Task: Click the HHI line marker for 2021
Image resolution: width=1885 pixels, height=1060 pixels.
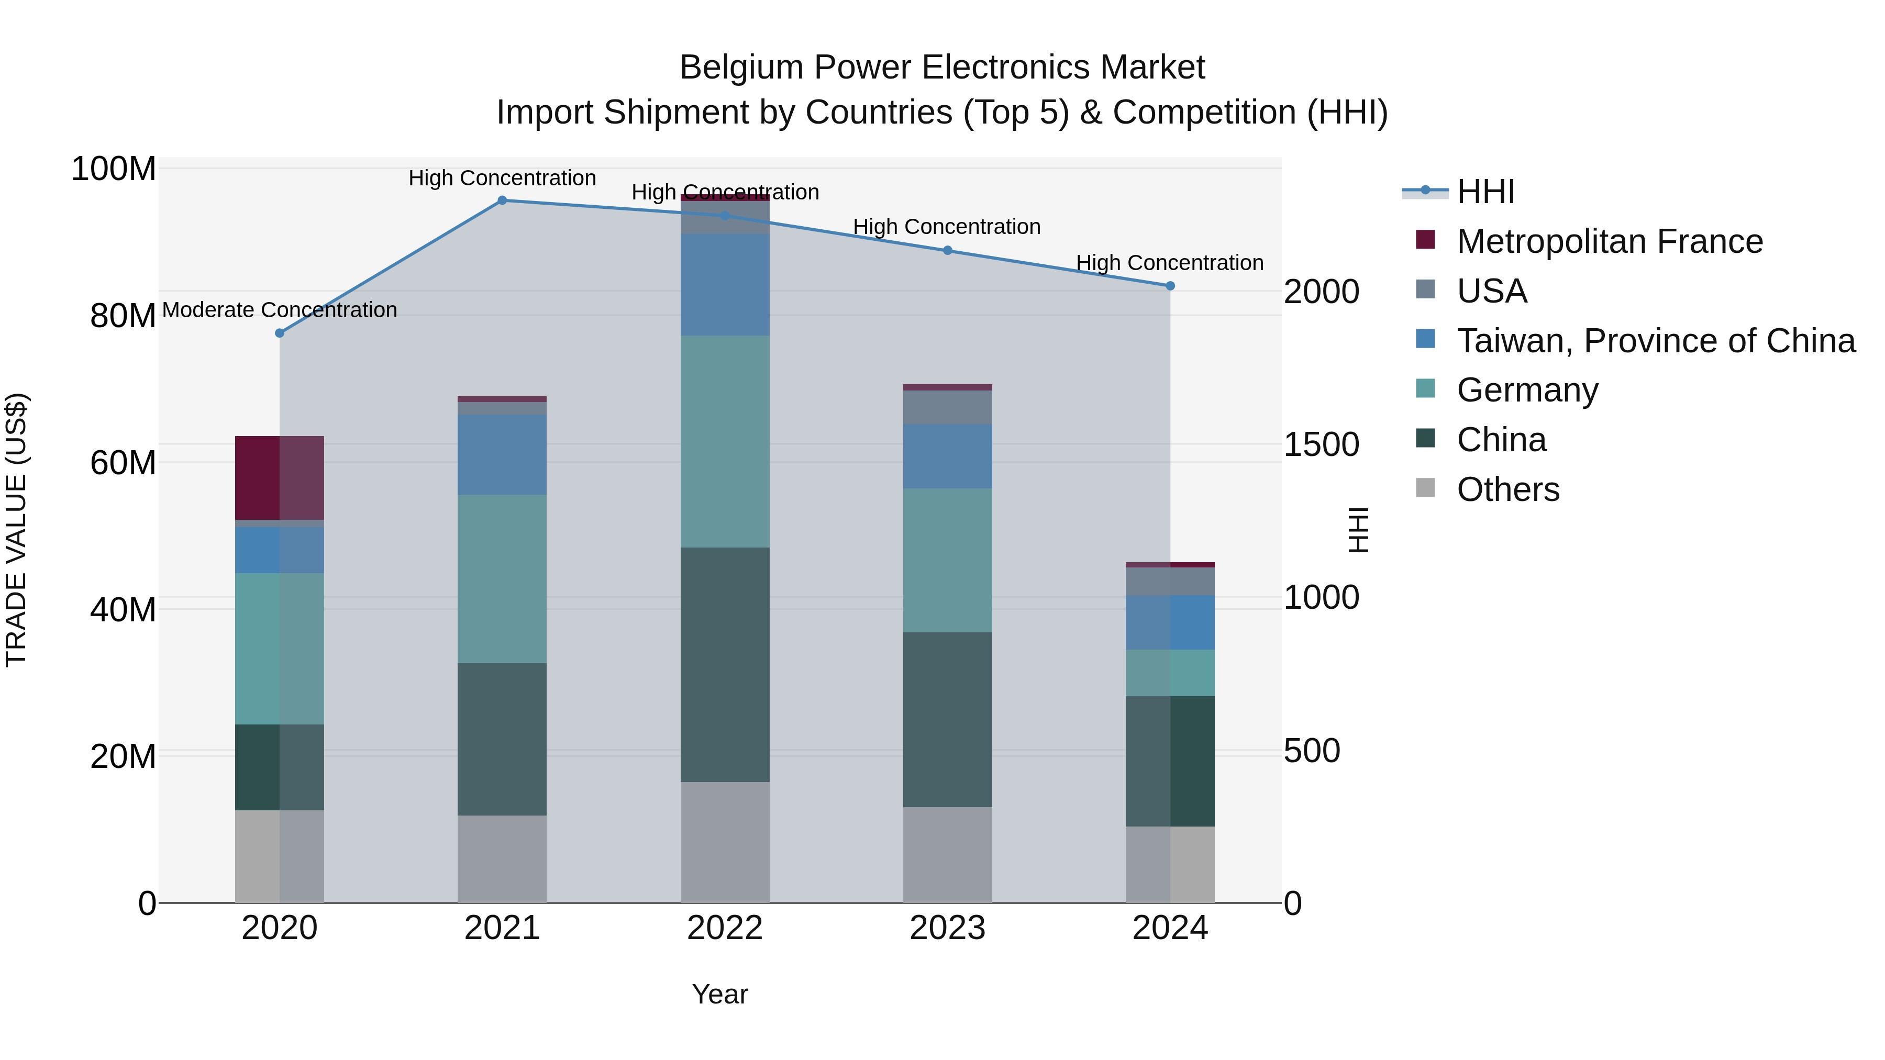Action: pyautogui.click(x=502, y=200)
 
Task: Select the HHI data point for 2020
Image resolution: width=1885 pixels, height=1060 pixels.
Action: pyautogui.click(x=280, y=333)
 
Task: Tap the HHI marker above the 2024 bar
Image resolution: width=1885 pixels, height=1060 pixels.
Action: pyautogui.click(x=1170, y=286)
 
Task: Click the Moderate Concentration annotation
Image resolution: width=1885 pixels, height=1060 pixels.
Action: pyautogui.click(x=280, y=310)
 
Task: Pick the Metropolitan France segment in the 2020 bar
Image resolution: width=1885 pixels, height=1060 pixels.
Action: pyautogui.click(x=280, y=478)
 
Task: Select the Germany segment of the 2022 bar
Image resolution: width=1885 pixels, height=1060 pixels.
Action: pyautogui.click(x=725, y=441)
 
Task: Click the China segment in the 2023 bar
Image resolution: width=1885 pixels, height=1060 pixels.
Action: pyautogui.click(x=948, y=719)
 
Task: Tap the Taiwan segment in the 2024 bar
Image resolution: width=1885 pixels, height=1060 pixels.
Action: pyautogui.click(x=1170, y=622)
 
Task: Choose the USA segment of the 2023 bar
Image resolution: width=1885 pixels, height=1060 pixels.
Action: pyautogui.click(x=948, y=407)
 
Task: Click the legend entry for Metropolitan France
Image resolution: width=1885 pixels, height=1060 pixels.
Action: pyautogui.click(x=1609, y=241)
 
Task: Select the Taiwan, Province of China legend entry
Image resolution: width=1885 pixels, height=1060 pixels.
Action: pyautogui.click(x=1655, y=341)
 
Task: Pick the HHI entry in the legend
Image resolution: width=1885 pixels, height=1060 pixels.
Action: pyautogui.click(x=1485, y=192)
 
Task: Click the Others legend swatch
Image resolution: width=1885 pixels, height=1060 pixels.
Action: pyautogui.click(x=1425, y=488)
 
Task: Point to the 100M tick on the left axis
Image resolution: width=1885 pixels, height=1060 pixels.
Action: pyautogui.click(x=114, y=169)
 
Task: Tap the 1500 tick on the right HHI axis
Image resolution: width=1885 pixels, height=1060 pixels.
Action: pyautogui.click(x=1322, y=445)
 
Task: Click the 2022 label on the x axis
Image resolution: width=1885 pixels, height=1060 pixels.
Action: pyautogui.click(x=725, y=928)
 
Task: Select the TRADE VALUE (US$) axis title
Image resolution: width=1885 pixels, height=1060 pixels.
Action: pyautogui.click(x=16, y=530)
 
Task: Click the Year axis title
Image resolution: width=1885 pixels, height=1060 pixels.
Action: pyautogui.click(x=720, y=994)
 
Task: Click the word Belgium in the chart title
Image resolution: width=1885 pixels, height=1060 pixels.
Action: pyautogui.click(x=741, y=68)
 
